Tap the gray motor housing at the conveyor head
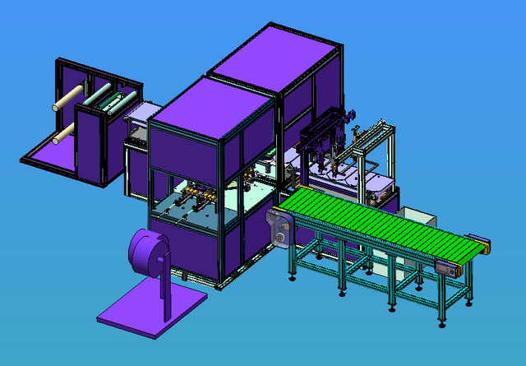(x=279, y=228)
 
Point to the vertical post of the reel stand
(x=164, y=284)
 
